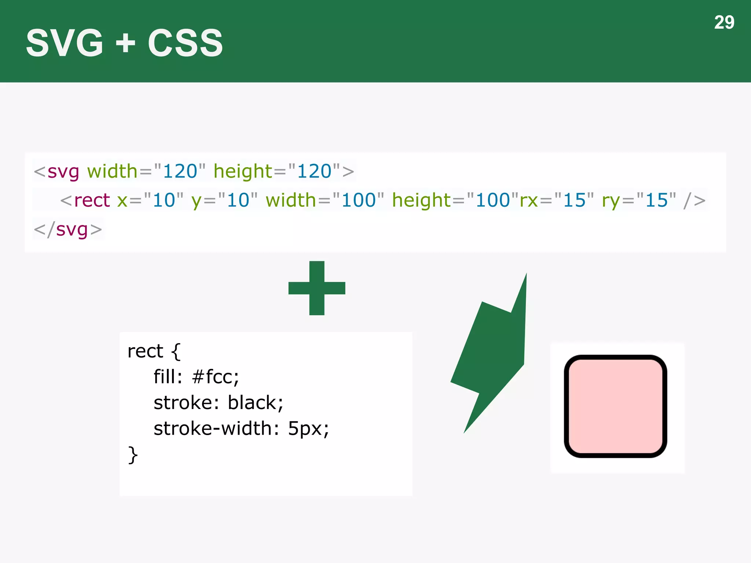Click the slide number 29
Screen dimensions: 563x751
pos(724,23)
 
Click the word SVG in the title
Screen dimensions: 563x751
pos(65,43)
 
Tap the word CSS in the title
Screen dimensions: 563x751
pos(185,43)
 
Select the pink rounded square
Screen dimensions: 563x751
pos(615,406)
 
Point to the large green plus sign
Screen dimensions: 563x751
pos(317,288)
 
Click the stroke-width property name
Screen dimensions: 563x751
pos(212,428)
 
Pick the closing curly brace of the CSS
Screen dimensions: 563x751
pos(133,455)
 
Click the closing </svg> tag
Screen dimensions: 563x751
pos(68,230)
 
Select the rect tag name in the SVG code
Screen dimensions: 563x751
pos(92,200)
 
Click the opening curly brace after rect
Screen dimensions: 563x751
pos(176,352)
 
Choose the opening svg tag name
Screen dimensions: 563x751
pos(63,172)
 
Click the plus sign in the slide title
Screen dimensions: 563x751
pos(125,43)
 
